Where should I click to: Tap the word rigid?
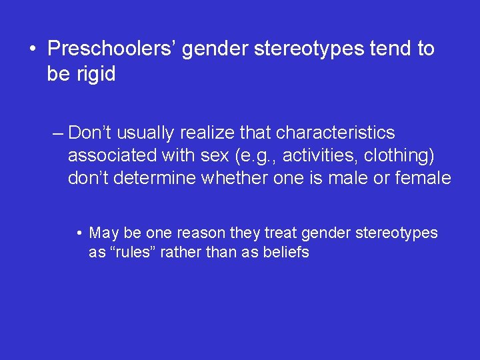click(x=94, y=74)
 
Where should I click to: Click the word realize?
click(x=209, y=133)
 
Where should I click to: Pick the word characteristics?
click(x=335, y=133)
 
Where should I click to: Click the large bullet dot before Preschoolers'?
click(x=31, y=49)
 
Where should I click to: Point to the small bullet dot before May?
click(x=79, y=233)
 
